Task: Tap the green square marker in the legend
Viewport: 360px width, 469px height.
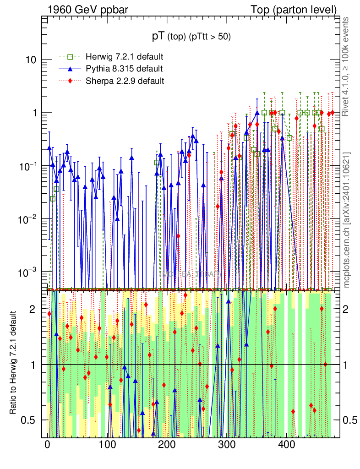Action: (x=70, y=57)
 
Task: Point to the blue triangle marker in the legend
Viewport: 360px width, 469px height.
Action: (x=70, y=69)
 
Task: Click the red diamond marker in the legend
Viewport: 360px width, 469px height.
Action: (x=70, y=81)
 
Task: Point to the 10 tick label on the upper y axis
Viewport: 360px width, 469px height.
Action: (x=30, y=60)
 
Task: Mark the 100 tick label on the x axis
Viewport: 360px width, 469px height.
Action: (x=107, y=445)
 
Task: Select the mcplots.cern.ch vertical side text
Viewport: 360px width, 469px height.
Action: (x=346, y=220)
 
